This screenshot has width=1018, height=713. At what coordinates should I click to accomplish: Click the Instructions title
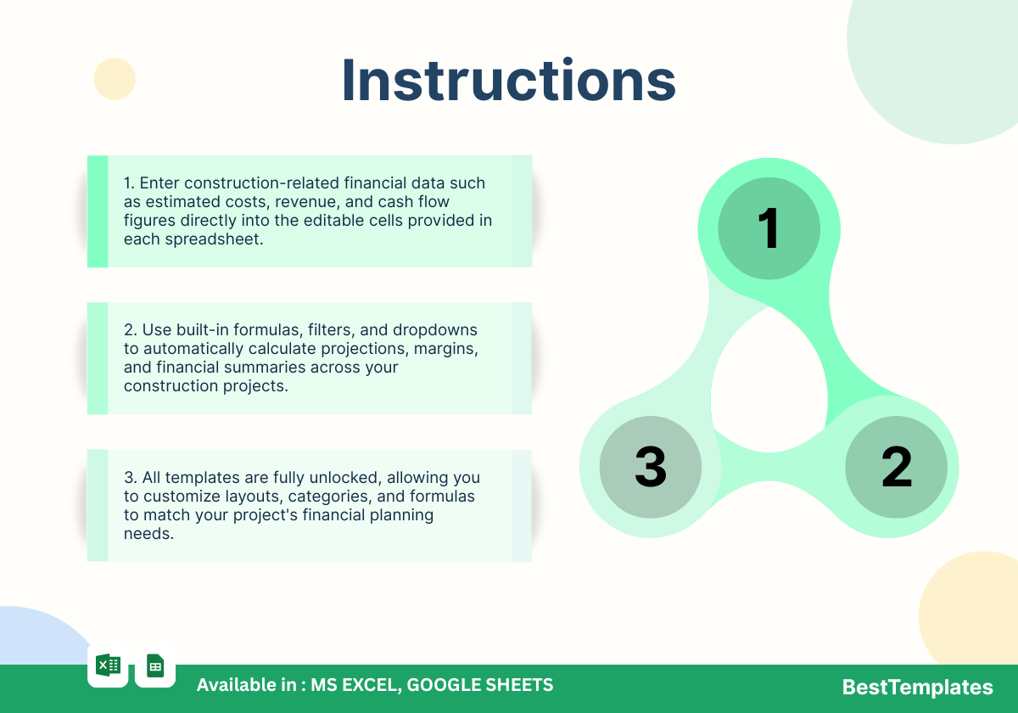point(509,80)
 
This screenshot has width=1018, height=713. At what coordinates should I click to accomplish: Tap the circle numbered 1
point(769,228)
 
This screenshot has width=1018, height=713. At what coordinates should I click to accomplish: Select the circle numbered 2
point(896,467)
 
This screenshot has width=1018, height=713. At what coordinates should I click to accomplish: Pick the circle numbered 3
point(651,467)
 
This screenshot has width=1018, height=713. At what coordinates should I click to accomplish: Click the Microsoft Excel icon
point(109,665)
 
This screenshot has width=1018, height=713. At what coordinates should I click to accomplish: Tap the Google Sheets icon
point(155,665)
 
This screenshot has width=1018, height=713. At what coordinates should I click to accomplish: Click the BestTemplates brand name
point(918,687)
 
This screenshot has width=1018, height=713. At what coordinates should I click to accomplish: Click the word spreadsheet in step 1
point(214,239)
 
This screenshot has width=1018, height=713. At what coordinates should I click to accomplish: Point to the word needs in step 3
point(148,534)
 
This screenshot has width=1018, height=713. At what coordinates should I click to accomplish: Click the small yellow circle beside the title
point(115,79)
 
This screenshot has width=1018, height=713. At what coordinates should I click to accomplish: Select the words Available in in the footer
point(247,685)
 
